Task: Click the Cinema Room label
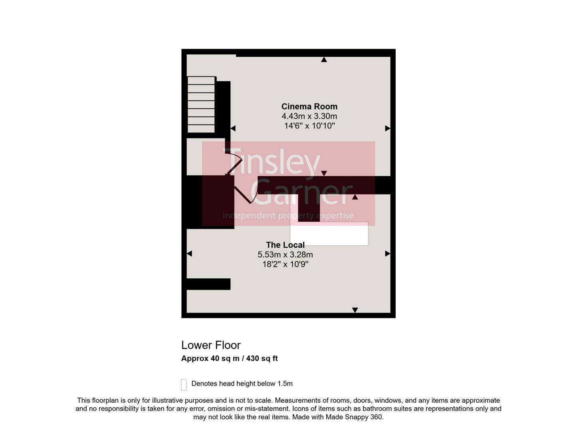point(309,106)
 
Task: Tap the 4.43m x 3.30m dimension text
point(309,116)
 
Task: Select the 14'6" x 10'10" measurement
point(309,126)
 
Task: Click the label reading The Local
point(285,245)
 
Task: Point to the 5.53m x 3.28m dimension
point(285,254)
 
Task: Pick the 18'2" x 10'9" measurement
point(285,264)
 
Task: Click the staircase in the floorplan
point(201,104)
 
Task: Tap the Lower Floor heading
point(211,345)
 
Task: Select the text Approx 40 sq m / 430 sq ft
point(229,358)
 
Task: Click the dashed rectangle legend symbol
point(184,385)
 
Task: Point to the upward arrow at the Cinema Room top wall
point(324,60)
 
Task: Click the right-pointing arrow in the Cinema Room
point(387,128)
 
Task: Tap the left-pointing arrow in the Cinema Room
point(233,128)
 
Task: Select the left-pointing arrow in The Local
point(189,254)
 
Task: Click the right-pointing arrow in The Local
point(387,254)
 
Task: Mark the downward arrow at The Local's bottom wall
point(355,310)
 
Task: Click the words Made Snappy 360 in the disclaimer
point(354,417)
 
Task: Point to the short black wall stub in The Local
point(208,284)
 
